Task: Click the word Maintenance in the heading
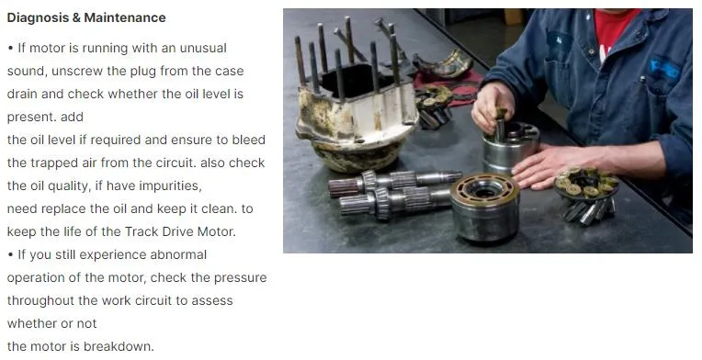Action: click(125, 17)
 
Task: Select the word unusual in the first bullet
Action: click(195, 48)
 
